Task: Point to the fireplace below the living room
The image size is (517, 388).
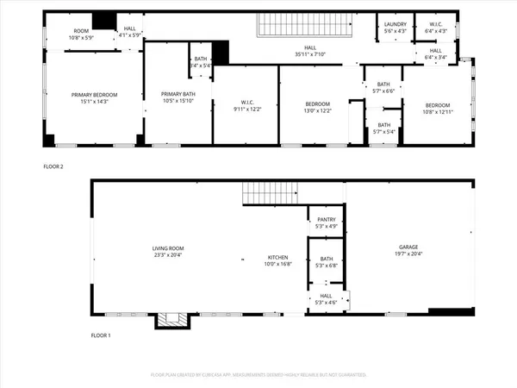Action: click(x=170, y=320)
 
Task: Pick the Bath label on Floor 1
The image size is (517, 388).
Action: click(x=327, y=261)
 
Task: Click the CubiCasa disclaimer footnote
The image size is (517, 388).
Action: click(x=258, y=375)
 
